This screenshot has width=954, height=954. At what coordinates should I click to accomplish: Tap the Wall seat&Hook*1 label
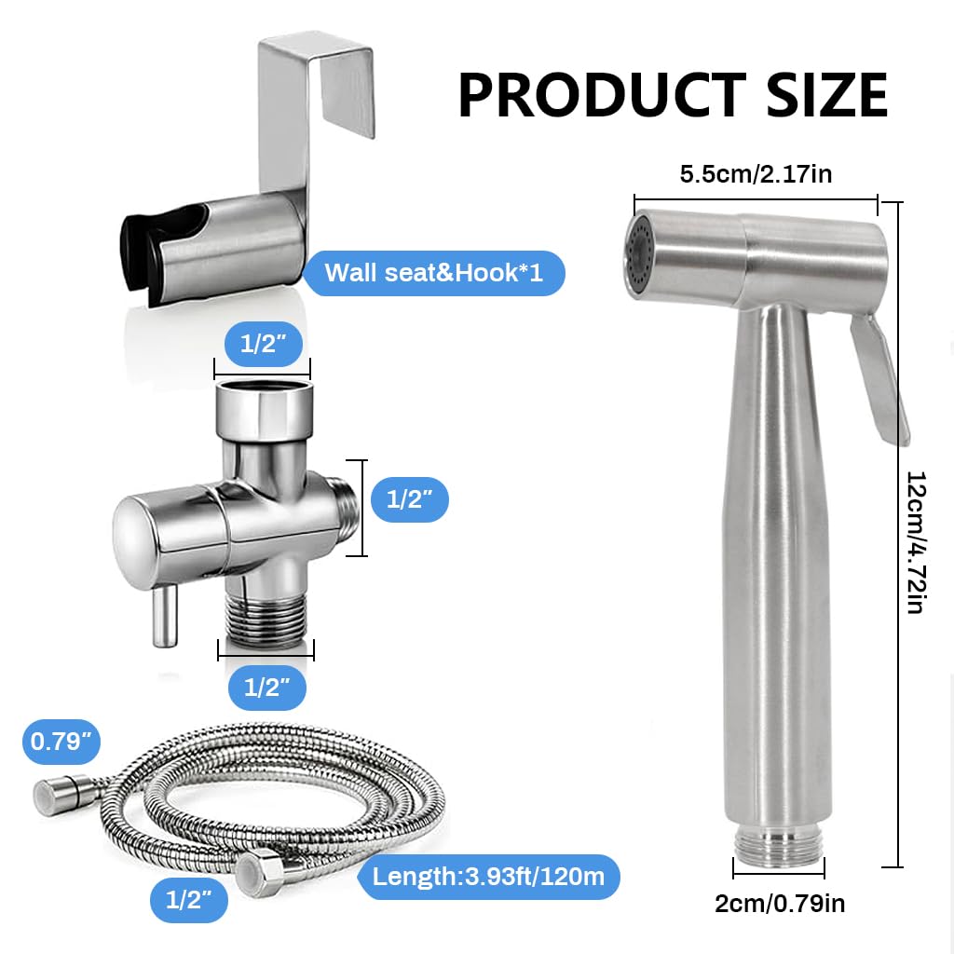click(434, 273)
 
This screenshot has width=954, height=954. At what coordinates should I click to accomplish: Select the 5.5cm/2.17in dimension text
click(756, 174)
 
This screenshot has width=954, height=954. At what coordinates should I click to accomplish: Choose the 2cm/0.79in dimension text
click(781, 902)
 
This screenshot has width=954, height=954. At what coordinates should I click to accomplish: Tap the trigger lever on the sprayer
click(879, 373)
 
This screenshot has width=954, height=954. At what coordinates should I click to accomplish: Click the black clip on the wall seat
click(140, 252)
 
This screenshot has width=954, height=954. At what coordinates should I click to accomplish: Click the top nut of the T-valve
click(262, 407)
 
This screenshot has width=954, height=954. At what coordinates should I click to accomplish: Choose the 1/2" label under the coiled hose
click(189, 899)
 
